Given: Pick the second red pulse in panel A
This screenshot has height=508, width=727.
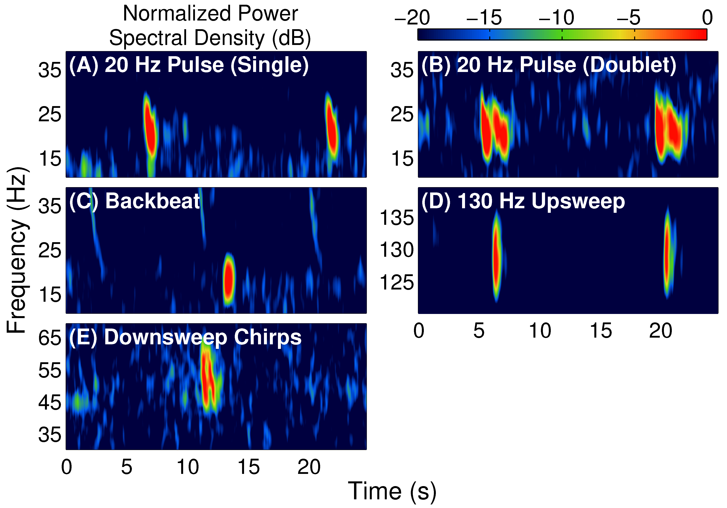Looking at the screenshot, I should click(332, 128).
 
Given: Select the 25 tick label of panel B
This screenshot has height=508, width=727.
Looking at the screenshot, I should click(402, 114).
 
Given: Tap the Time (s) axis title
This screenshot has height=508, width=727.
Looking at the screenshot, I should click(392, 491).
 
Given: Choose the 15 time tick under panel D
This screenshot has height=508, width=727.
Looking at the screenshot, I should click(601, 331).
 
